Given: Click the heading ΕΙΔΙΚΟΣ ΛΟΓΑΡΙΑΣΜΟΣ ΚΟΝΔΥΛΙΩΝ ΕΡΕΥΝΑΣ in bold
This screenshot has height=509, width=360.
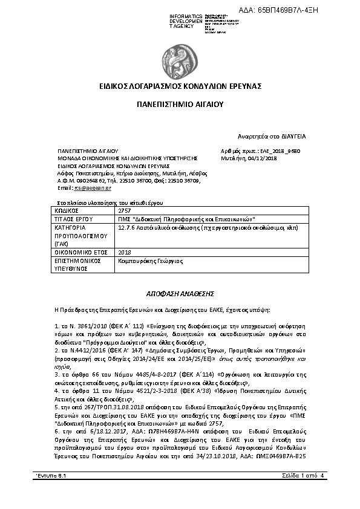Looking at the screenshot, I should click(180, 86).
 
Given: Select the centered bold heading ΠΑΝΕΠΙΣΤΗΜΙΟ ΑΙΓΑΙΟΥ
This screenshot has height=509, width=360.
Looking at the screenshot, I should click(180, 104).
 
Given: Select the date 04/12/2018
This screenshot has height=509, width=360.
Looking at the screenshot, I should click(263, 158).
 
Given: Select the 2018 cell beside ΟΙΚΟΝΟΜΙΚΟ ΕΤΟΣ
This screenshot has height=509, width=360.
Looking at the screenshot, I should click(125, 252).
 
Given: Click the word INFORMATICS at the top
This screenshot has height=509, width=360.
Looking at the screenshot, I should click(186, 15).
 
